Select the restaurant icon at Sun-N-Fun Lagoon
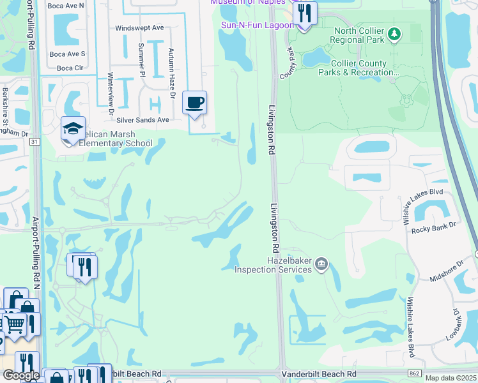pyautogui.click(x=305, y=13)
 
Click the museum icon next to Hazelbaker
pyautogui.click(x=322, y=263)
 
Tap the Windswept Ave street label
pyautogui.click(x=139, y=28)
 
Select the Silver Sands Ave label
pyautogui.click(x=146, y=119)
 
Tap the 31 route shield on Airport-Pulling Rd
pyautogui.click(x=35, y=141)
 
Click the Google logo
pyautogui.click(x=20, y=375)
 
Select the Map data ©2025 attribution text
pyautogui.click(x=451, y=378)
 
